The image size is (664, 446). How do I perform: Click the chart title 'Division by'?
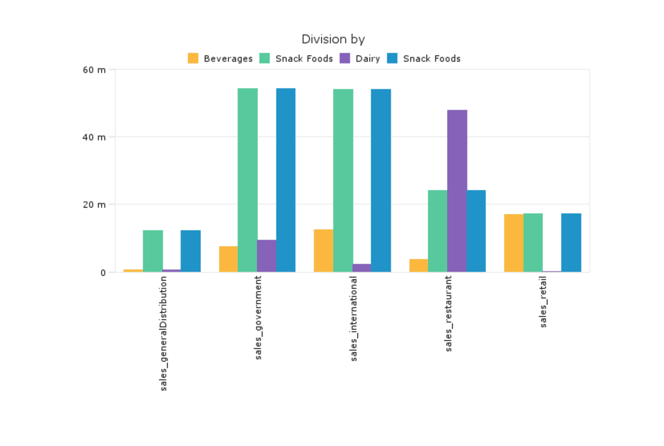pos(333,39)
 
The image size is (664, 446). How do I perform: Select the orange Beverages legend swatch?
pos(193,59)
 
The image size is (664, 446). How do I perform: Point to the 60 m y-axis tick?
pos(94,70)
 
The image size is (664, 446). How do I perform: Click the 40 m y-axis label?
pos(94,137)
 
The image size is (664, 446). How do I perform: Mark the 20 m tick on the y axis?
pos(94,205)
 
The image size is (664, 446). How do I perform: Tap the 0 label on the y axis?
pos(103,273)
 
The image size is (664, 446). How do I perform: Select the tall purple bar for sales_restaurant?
pos(457,191)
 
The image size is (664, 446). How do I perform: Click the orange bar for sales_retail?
pos(513,243)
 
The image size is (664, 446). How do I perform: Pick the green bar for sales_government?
pos(247,180)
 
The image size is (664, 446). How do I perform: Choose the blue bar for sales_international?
pos(381,180)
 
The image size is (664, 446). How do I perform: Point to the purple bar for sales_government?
pos(267,255)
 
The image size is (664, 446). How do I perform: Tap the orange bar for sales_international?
pos(323,250)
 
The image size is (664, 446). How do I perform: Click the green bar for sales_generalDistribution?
pos(153,251)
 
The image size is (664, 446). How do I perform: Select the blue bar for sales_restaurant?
pos(476,231)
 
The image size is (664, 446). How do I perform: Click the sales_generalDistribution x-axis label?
pos(163,333)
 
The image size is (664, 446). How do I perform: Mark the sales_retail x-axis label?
pos(543,302)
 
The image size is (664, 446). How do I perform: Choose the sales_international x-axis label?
pos(353,319)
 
